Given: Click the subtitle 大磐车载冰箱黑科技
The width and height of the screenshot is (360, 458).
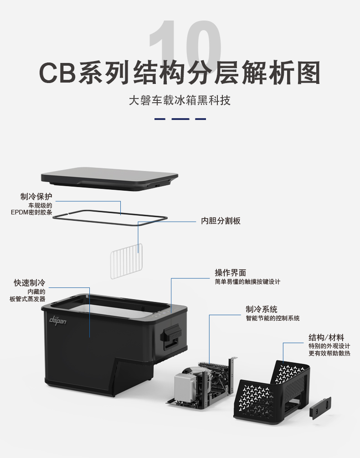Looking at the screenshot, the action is click(180, 100).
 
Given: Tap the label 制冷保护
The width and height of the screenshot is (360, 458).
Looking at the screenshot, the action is click(36, 197).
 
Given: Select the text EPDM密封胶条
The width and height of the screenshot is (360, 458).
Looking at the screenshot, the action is click(31, 213).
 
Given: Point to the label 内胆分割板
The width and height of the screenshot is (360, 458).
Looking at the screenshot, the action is click(221, 221).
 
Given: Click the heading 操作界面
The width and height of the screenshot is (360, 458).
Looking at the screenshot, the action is click(231, 273).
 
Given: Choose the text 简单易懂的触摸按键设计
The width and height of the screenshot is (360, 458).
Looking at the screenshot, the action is click(247, 282).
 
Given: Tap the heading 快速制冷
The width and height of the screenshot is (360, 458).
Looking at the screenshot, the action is click(30, 283).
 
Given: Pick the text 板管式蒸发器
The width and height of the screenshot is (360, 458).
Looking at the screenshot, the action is click(27, 299).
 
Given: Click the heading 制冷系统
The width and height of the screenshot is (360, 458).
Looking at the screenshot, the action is click(262, 309).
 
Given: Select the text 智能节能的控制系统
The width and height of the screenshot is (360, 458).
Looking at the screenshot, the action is click(273, 318).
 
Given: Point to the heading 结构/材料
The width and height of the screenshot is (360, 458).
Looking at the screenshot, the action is click(326, 338).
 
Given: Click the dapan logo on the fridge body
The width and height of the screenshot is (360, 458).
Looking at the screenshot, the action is click(58, 320).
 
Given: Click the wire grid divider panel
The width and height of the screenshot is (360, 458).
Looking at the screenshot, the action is click(126, 261).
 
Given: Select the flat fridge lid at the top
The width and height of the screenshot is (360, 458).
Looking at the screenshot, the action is click(109, 179).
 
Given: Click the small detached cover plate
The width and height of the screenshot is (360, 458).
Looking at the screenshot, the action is click(320, 408).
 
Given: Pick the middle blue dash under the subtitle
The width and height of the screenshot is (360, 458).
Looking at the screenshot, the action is click(180, 119).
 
